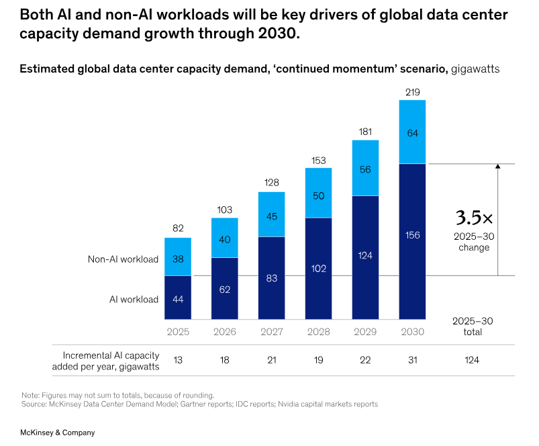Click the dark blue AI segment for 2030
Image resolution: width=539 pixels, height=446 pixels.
pyautogui.click(x=412, y=242)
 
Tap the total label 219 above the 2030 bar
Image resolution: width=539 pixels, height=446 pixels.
pyautogui.click(x=412, y=91)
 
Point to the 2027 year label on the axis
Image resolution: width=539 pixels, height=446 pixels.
pyautogui.click(x=271, y=331)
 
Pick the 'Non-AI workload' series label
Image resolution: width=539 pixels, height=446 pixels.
pyautogui.click(x=123, y=259)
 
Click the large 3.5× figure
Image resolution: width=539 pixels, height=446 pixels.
pyautogui.click(x=475, y=218)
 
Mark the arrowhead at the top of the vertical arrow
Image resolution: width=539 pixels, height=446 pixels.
pyautogui.click(x=497, y=167)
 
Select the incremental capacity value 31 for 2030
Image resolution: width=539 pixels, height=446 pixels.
pyautogui.click(x=412, y=360)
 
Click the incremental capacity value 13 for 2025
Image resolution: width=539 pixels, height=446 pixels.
pyautogui.click(x=178, y=360)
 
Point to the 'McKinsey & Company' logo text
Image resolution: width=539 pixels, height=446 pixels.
pyautogui.click(x=57, y=433)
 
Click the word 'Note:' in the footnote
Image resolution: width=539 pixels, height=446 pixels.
pyautogui.click(x=30, y=395)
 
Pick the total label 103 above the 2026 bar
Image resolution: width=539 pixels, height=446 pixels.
pyautogui.click(x=224, y=210)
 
